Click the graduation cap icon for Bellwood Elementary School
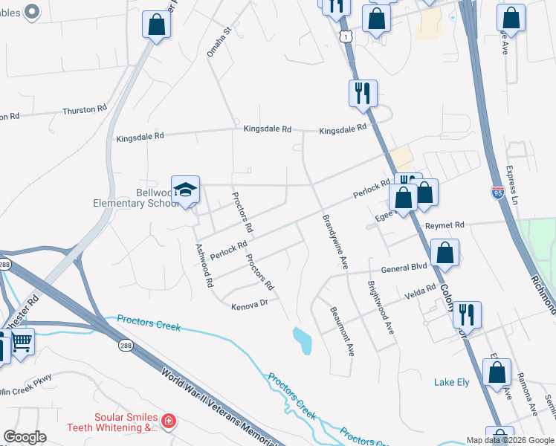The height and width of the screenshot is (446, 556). (x=185, y=189)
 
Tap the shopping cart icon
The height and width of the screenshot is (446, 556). (x=22, y=343)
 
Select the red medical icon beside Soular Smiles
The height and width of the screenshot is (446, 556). (x=169, y=421)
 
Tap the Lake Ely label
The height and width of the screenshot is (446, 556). (x=452, y=382)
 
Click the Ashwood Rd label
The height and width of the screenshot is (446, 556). (x=203, y=265)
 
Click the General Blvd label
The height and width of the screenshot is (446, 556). (x=404, y=268)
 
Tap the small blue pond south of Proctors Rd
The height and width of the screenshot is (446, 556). (x=303, y=340)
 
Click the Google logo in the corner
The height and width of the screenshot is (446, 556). (x=25, y=437)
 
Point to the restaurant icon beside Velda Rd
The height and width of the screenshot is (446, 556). (x=466, y=314)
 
